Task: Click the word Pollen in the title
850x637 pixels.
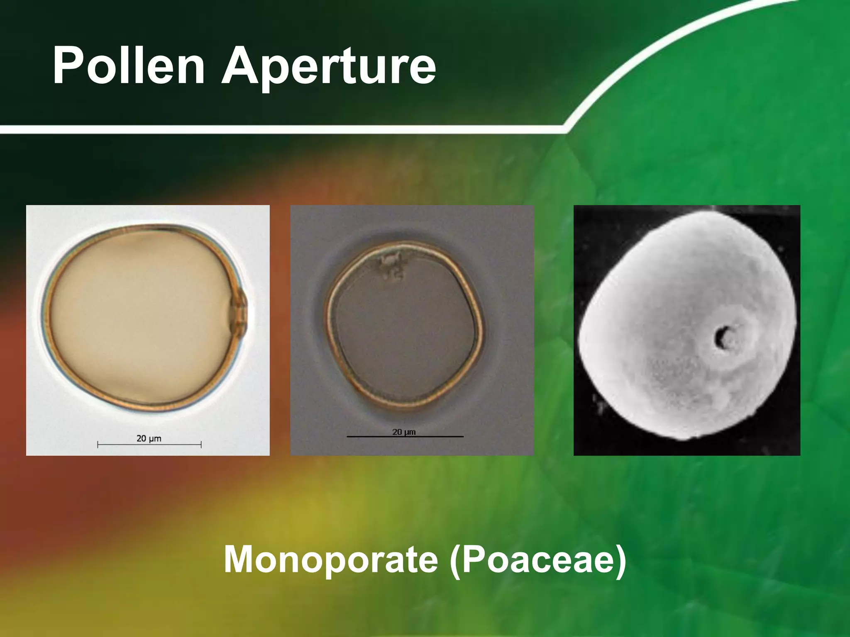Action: pyautogui.click(x=129, y=66)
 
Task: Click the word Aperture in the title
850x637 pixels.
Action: pyautogui.click(x=328, y=66)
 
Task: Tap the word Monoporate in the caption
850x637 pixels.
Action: pyautogui.click(x=330, y=559)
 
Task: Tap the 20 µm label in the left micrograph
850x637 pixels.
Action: pyautogui.click(x=149, y=438)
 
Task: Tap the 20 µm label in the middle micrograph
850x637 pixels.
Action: pyautogui.click(x=404, y=432)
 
